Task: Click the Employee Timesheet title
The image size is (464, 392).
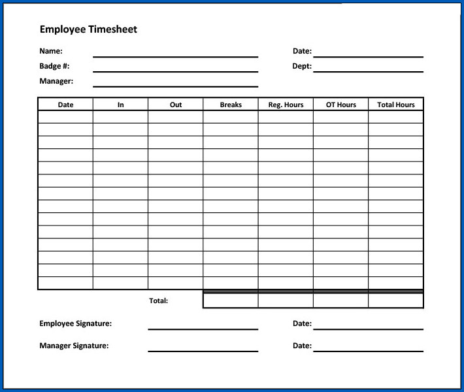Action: (88, 29)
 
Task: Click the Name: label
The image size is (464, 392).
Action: (51, 51)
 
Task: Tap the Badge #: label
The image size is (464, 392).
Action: (54, 66)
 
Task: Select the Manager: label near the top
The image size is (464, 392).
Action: (56, 81)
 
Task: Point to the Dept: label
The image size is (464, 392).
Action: (302, 66)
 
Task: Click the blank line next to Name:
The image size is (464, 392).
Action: (175, 56)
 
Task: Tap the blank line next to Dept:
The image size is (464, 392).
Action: (368, 71)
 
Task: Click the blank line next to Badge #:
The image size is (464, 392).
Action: (175, 71)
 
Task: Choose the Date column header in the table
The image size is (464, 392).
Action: (65, 105)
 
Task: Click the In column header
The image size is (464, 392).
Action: (120, 105)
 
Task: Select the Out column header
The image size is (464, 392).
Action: (176, 105)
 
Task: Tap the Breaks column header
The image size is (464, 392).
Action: (231, 105)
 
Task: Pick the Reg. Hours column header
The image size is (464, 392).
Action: (286, 105)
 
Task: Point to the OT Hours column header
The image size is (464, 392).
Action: (340, 105)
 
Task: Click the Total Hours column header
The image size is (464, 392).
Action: (396, 105)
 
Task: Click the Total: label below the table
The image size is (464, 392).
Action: (159, 301)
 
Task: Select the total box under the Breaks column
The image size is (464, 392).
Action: (231, 301)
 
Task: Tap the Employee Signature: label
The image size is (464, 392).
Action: (75, 323)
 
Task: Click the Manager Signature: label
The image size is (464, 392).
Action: (74, 346)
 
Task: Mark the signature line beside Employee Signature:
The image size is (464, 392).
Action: (203, 328)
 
